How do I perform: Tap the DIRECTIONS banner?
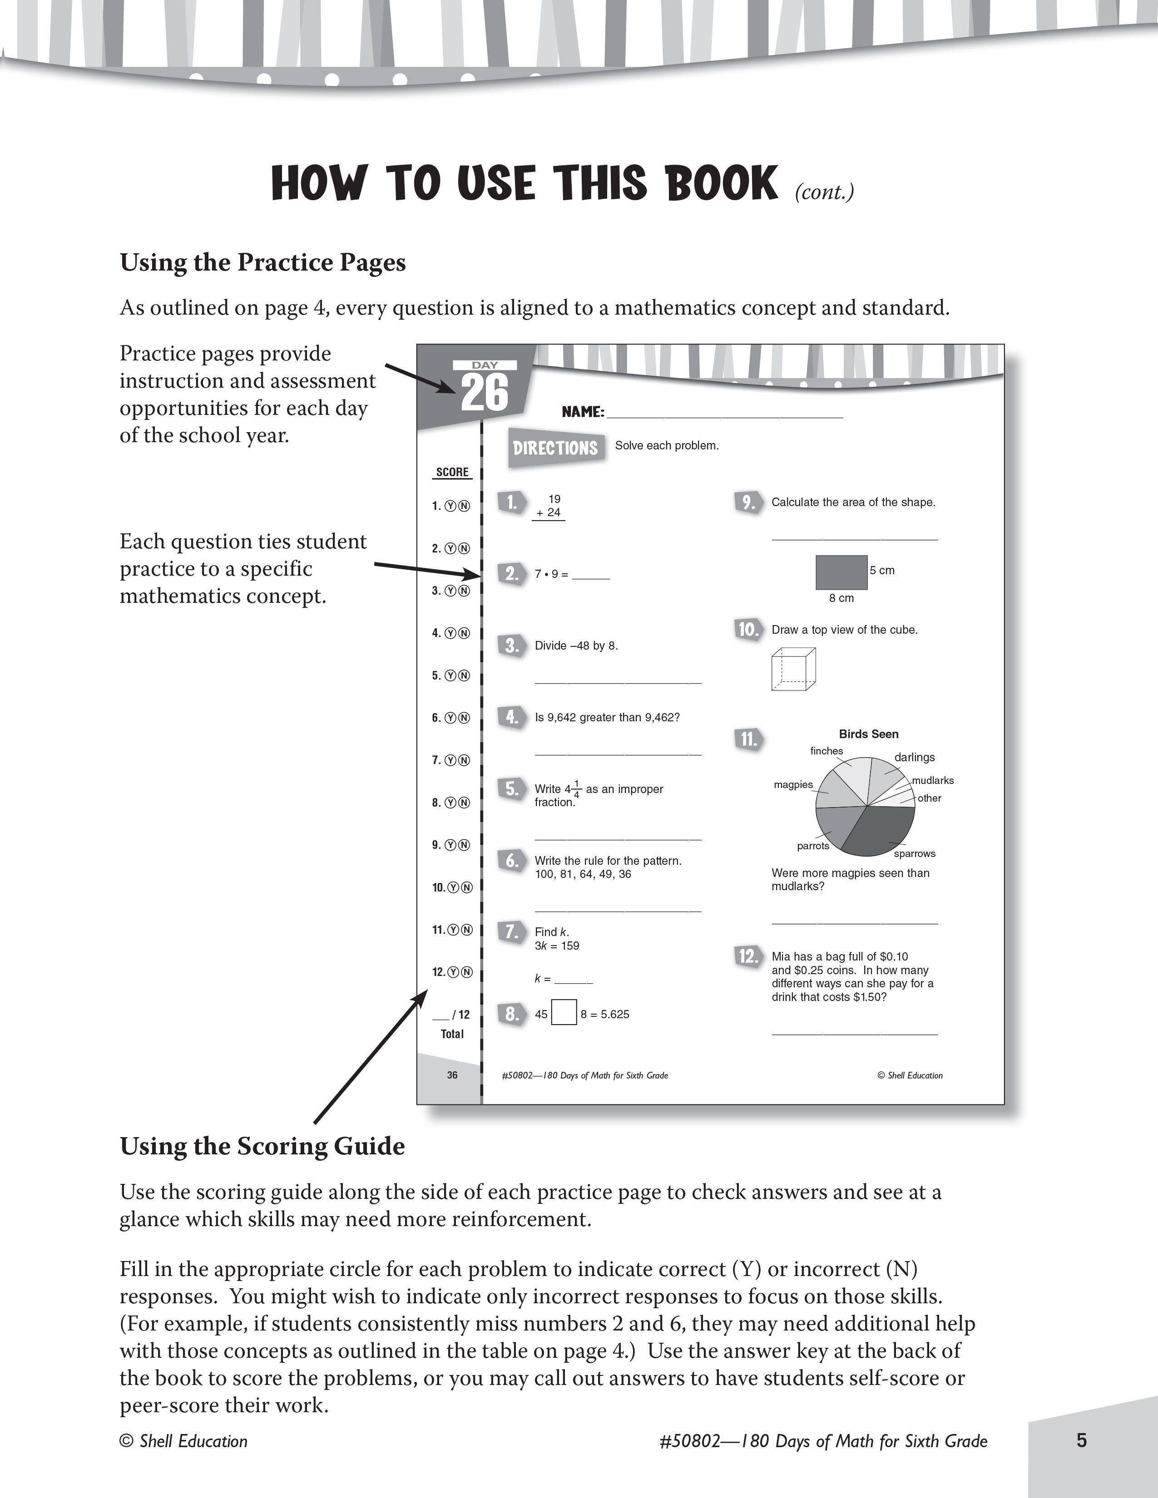coord(556,448)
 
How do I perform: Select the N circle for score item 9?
coord(465,845)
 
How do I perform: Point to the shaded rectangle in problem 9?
coord(841,572)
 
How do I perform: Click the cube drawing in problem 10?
coord(793,670)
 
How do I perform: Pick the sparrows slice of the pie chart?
coord(881,830)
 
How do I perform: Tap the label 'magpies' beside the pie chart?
coord(793,784)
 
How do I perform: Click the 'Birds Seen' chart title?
coord(868,734)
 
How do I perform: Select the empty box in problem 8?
coord(564,1013)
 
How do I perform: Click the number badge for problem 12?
coord(747,956)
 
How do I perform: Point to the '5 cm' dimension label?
coord(882,570)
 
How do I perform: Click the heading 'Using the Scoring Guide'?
coord(262,1146)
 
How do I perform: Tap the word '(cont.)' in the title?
coord(824,192)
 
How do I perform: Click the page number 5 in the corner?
coord(1081,1440)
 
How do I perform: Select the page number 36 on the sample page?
coord(452,1075)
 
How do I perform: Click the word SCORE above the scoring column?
coord(452,472)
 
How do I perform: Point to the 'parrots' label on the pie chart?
coord(813,846)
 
